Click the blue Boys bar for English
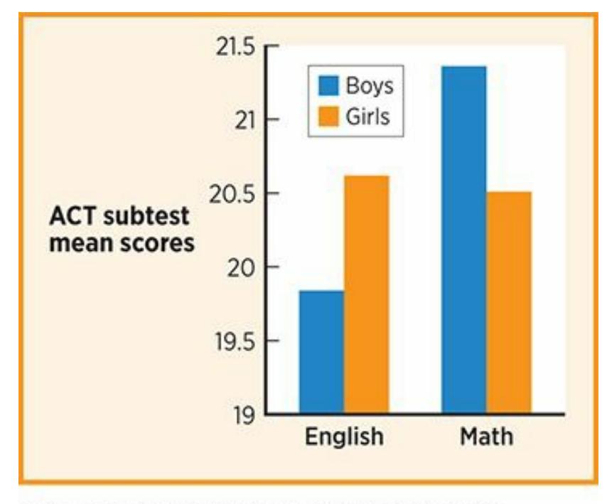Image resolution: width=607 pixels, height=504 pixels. click(x=321, y=351)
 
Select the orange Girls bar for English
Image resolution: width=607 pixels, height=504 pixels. click(x=367, y=294)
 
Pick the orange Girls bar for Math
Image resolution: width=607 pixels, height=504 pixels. click(x=509, y=302)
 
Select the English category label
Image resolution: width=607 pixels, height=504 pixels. click(x=344, y=436)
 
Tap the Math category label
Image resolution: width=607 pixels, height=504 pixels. click(x=486, y=436)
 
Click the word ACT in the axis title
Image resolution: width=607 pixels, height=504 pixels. click(x=74, y=217)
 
